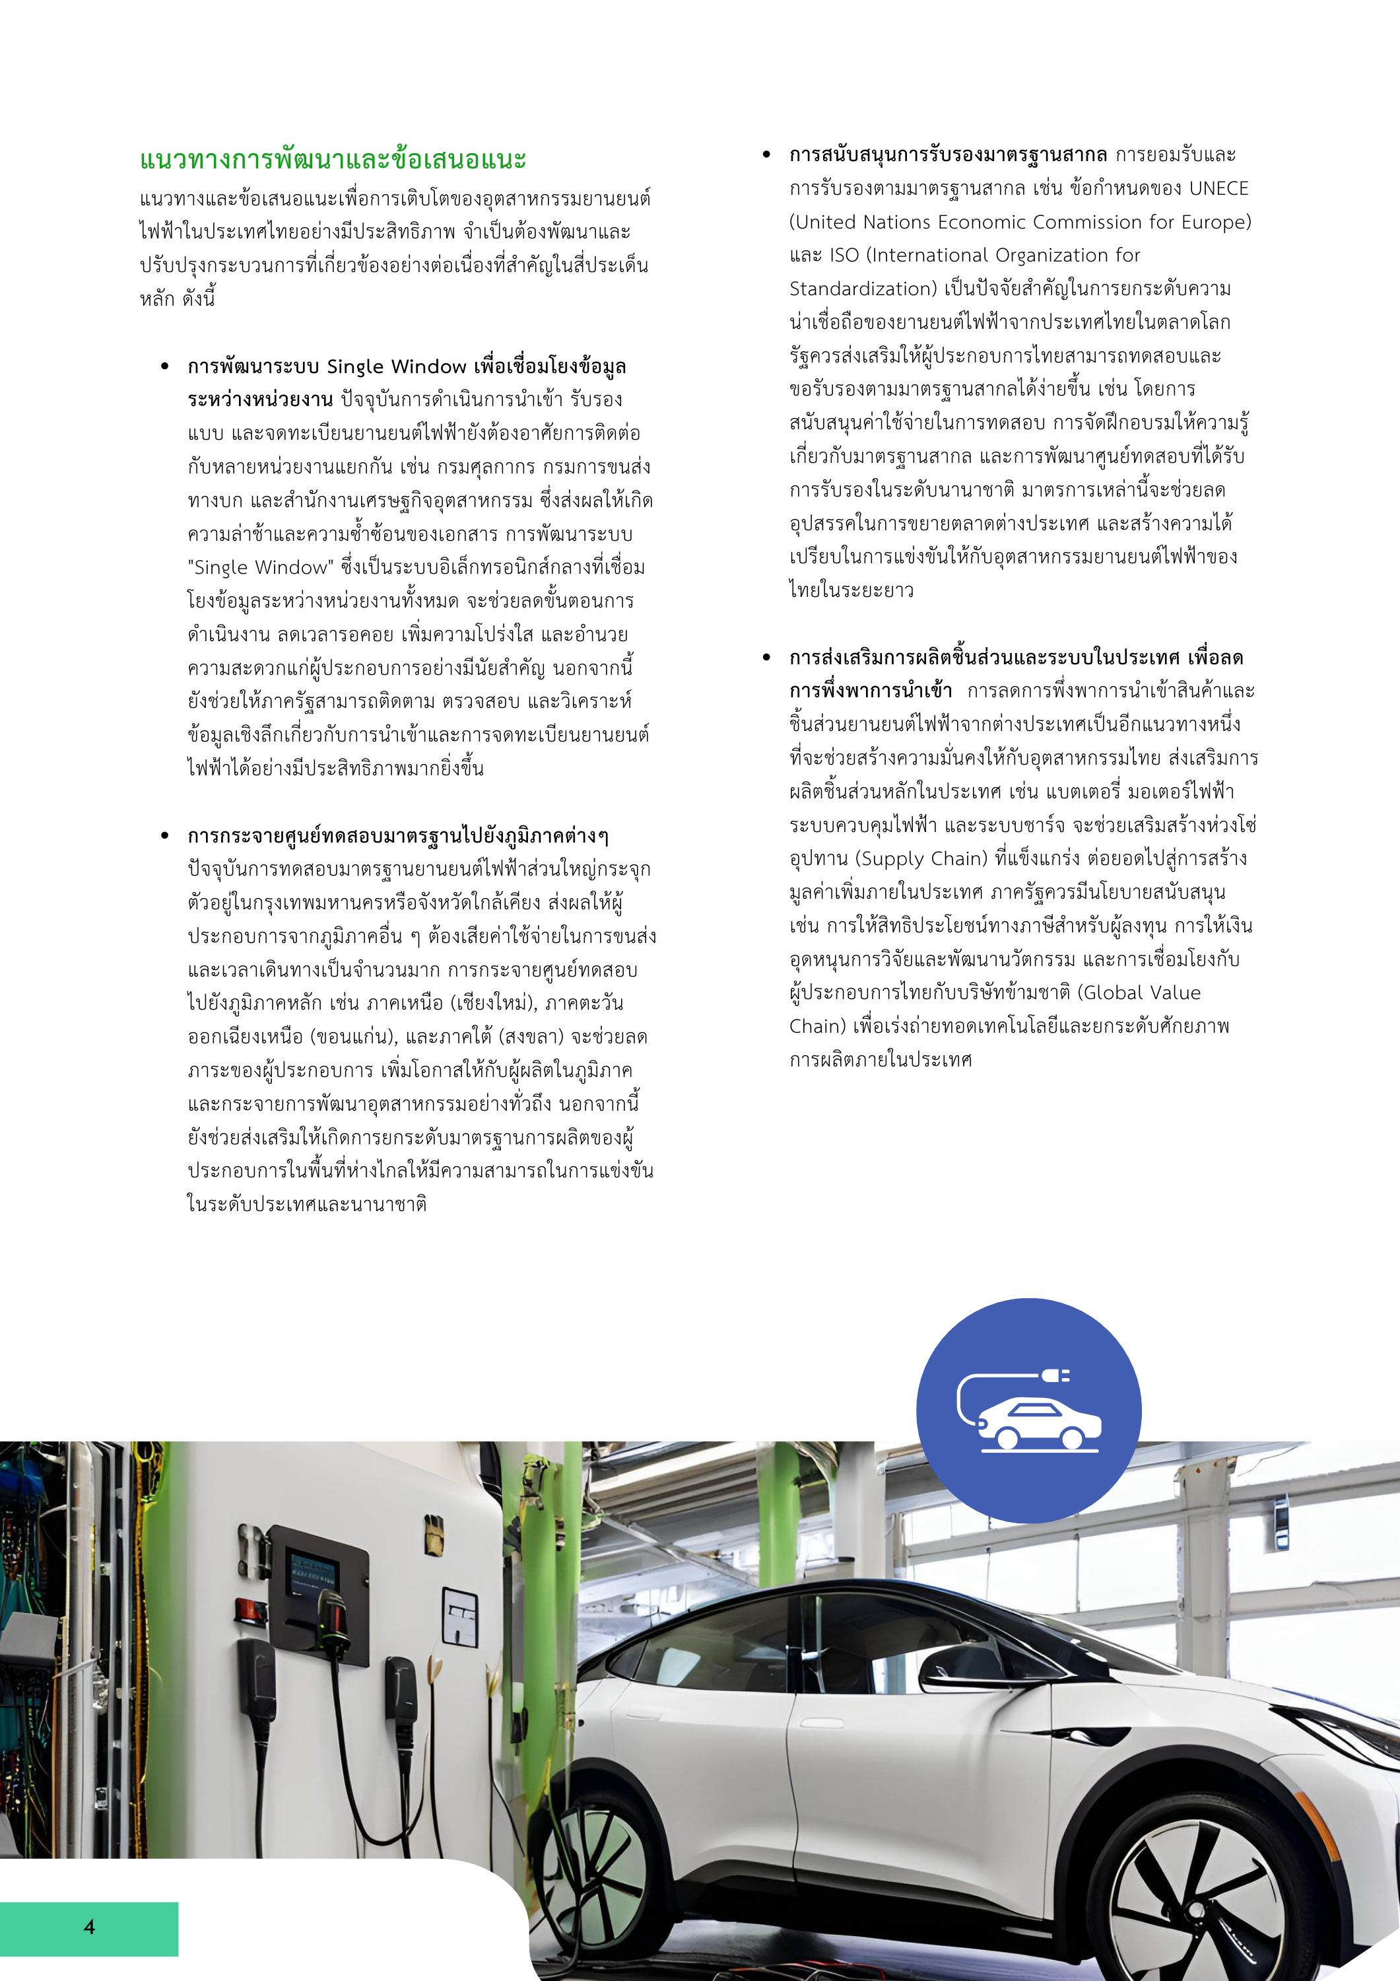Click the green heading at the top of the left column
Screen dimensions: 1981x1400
pyautogui.click(x=333, y=160)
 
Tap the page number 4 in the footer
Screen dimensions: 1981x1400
pyautogui.click(x=90, y=1927)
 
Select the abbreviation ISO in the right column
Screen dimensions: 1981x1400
pyautogui.click(x=844, y=256)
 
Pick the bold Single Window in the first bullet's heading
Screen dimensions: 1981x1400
pyautogui.click(x=397, y=366)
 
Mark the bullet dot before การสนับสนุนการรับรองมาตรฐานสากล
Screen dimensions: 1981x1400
pyautogui.click(x=766, y=155)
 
